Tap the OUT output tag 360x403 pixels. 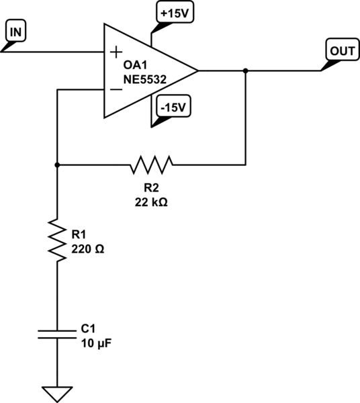[x=339, y=50]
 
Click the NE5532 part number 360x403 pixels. [x=144, y=79]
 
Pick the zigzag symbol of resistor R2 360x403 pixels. [x=152, y=163]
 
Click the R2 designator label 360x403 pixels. [x=152, y=187]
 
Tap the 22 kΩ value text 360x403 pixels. [x=152, y=201]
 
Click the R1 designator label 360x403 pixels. [x=79, y=235]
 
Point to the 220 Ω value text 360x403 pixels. [x=88, y=249]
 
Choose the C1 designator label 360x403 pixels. [x=88, y=329]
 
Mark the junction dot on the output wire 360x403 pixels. [x=246, y=70]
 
